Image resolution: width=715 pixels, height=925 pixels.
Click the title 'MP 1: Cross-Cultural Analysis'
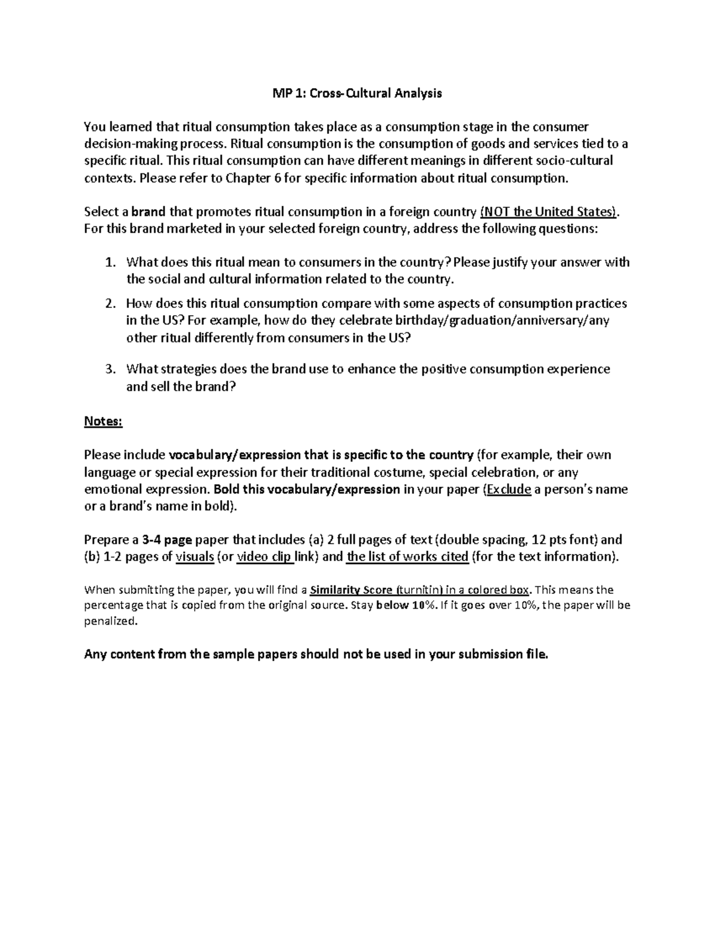[x=357, y=93]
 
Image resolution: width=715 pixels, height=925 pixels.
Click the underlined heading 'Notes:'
[x=103, y=421]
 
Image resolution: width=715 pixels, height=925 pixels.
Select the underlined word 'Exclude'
[x=509, y=490]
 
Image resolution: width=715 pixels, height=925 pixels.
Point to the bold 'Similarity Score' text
[x=352, y=590]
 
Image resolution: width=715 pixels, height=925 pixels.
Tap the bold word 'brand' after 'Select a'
[x=148, y=212]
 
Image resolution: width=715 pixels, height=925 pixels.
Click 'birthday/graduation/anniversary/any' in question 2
[x=502, y=320]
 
